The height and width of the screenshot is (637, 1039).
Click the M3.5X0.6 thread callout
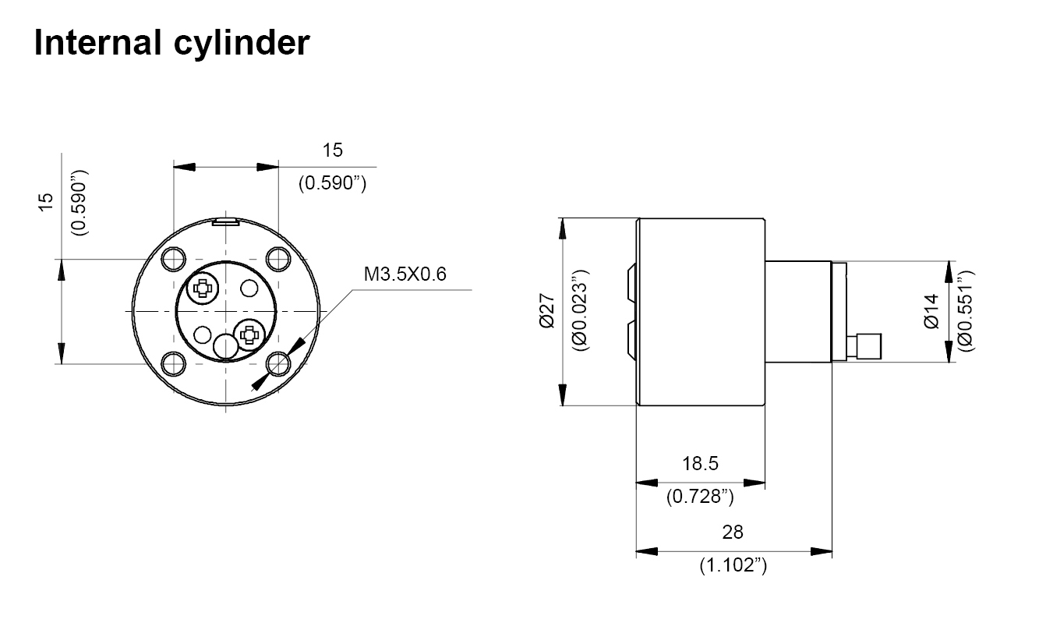(x=405, y=274)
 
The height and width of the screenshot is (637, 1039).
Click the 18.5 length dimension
(x=699, y=464)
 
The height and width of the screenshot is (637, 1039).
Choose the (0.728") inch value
(x=699, y=497)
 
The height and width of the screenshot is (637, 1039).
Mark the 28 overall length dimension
(x=733, y=532)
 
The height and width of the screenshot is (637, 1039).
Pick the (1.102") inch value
(x=733, y=565)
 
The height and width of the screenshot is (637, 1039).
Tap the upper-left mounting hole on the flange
(x=172, y=258)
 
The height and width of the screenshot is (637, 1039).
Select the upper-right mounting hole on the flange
(x=277, y=258)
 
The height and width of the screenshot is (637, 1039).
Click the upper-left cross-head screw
(x=203, y=288)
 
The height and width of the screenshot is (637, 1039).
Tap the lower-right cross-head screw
(x=249, y=334)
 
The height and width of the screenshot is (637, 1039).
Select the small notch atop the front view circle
(x=224, y=221)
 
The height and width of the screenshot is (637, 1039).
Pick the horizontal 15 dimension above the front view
(x=333, y=150)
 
